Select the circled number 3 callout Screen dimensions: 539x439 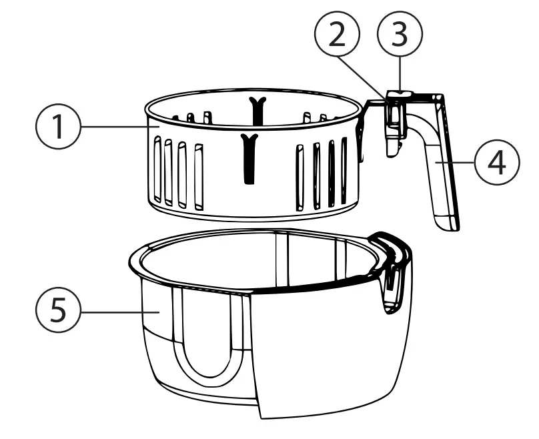(x=398, y=36)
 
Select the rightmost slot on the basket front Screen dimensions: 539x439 (x=344, y=170)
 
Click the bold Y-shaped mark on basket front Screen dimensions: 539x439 (x=249, y=157)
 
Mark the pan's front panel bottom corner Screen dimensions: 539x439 (x=261, y=415)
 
